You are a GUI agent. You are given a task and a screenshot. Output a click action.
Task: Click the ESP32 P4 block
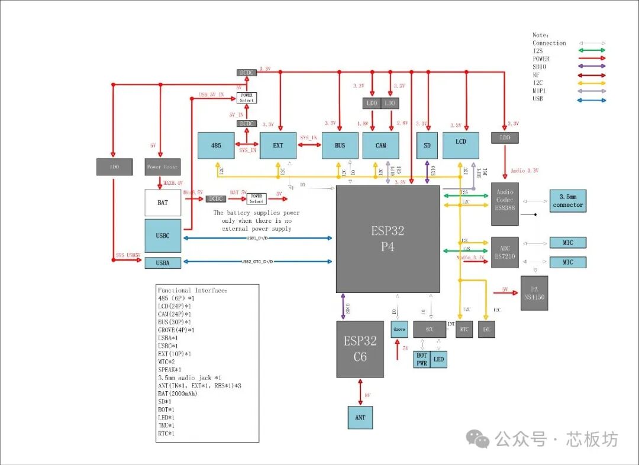[x=388, y=239]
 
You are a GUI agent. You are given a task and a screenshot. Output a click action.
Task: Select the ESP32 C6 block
[x=360, y=349]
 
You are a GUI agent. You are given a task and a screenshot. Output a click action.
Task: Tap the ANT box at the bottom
[x=360, y=417]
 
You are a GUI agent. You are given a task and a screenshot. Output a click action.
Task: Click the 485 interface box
[x=217, y=145]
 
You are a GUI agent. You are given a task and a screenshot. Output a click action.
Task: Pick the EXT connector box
[x=278, y=145]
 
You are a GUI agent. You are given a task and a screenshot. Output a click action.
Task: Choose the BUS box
[x=340, y=145]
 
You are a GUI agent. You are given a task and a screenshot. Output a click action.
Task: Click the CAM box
[x=380, y=145]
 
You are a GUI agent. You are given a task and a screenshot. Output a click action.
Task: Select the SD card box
[x=427, y=145]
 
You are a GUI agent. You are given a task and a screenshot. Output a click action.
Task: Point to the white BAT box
[x=162, y=203]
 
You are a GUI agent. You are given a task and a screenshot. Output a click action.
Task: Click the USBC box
[x=162, y=236]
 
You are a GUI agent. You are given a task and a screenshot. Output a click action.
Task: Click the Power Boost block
[x=162, y=167]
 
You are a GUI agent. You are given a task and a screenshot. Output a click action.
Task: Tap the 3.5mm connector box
[x=568, y=201]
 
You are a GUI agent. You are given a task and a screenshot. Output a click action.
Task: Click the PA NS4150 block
[x=534, y=293]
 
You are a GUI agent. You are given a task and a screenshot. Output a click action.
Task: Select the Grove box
[x=398, y=329]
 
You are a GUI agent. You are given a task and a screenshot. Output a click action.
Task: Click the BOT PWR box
[x=421, y=359]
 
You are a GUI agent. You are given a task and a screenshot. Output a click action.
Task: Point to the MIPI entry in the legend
[x=539, y=91]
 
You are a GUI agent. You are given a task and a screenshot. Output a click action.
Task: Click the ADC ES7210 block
[x=505, y=252]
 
